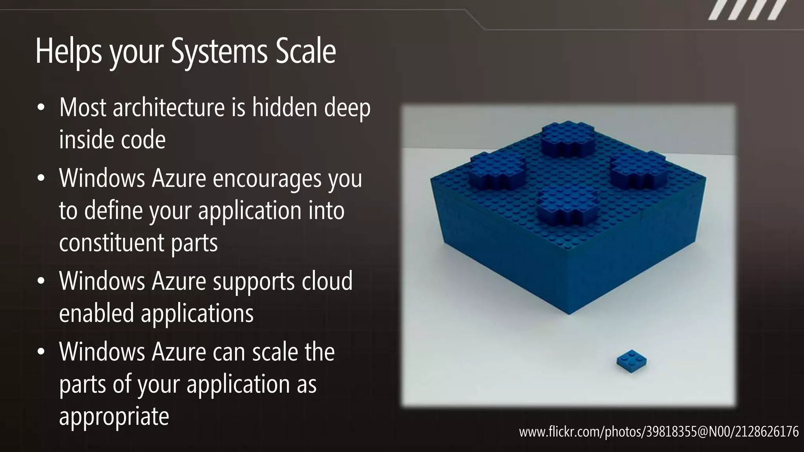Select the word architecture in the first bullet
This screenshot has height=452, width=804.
[x=169, y=108]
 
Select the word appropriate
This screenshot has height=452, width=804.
[x=114, y=416]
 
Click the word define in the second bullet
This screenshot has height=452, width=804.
[x=113, y=211]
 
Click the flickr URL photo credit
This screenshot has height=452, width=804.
[x=658, y=432]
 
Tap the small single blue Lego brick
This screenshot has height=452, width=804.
[x=631, y=361]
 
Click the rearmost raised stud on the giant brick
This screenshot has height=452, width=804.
[x=567, y=136]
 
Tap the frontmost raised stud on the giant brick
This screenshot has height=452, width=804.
[x=567, y=206]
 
